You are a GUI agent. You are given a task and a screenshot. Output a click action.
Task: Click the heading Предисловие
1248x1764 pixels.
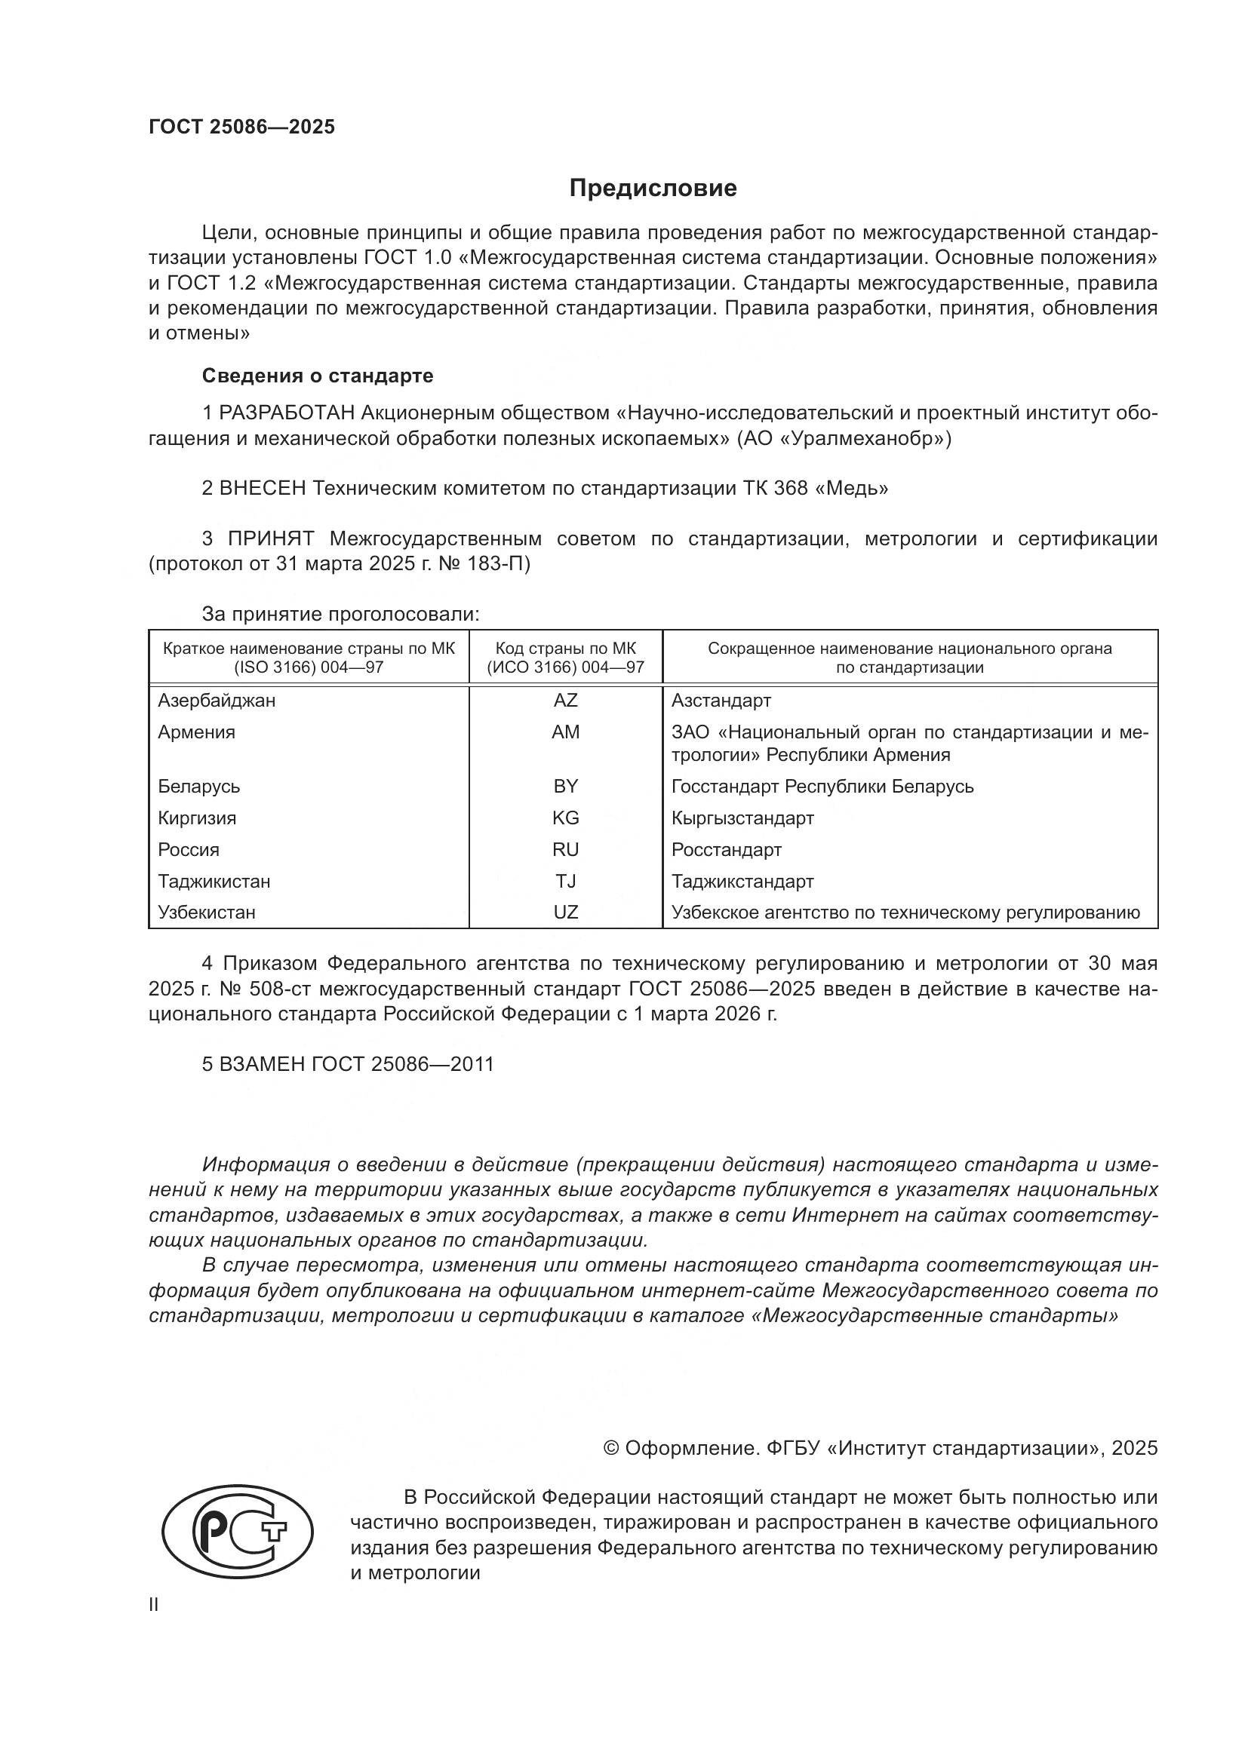(x=653, y=189)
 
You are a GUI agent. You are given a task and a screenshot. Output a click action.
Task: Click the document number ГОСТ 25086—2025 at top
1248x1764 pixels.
(x=242, y=127)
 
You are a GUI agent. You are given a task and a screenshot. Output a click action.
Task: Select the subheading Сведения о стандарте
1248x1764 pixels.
(x=318, y=376)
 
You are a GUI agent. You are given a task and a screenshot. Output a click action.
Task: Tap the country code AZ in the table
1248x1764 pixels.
(x=566, y=700)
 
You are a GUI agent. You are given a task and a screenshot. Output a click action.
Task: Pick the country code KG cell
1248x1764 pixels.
(x=566, y=818)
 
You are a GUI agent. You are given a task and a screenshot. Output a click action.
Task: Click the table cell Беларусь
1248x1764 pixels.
(x=199, y=786)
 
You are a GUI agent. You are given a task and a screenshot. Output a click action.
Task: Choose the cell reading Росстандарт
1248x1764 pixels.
(x=726, y=850)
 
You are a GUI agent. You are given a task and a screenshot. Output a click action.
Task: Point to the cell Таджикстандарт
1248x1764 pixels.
(x=742, y=881)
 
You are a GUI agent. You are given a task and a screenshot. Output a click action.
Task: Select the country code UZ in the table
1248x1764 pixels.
(x=566, y=912)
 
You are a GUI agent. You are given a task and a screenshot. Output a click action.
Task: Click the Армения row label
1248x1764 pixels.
(x=197, y=732)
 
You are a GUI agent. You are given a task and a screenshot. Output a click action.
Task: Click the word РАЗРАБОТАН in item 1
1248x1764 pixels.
(x=287, y=413)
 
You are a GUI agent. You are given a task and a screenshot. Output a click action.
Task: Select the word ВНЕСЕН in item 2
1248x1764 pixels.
(x=263, y=488)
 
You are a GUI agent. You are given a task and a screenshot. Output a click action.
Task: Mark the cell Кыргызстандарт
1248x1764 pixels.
(x=742, y=818)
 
